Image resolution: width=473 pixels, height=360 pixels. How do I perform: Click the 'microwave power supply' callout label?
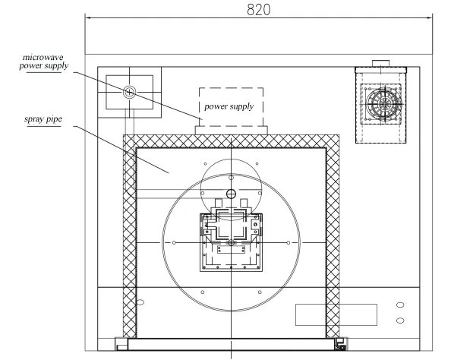tap(43, 62)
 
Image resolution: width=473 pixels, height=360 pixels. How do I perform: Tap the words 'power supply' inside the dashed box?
tap(229, 106)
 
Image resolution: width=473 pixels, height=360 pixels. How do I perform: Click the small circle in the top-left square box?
tap(130, 93)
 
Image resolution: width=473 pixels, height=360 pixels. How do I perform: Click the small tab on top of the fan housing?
tap(380, 63)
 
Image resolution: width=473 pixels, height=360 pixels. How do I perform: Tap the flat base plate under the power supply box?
tap(232, 131)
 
